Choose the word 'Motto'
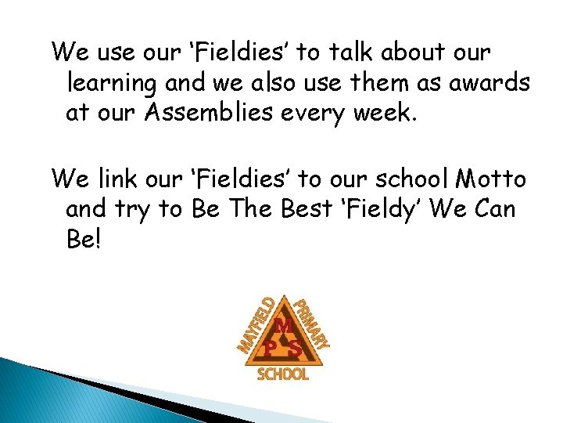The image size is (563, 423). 493,180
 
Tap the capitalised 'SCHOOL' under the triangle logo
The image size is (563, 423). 283,375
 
